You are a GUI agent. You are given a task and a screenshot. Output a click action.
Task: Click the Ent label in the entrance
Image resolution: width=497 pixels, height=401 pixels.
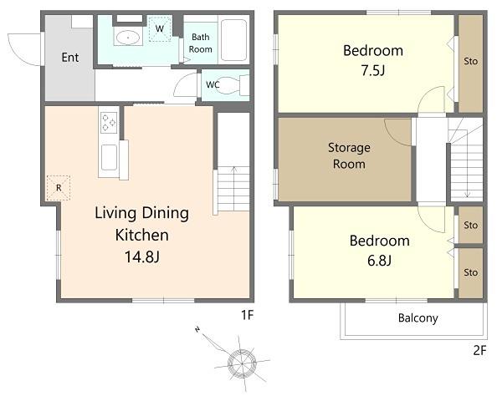point(70,58)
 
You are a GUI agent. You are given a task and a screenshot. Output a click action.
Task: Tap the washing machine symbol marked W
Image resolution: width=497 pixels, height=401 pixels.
point(160,28)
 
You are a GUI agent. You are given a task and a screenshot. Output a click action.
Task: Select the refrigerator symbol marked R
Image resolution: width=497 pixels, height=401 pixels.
point(59,188)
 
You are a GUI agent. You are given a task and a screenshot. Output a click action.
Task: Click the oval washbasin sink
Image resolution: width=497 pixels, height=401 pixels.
point(128,38)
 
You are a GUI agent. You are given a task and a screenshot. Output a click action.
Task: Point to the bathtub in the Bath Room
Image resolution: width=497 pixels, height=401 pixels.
point(233,40)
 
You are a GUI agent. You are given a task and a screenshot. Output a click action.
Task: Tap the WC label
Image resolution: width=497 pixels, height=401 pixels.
point(213,85)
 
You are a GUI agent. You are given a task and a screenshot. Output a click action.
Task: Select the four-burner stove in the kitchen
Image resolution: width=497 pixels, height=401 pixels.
point(109,123)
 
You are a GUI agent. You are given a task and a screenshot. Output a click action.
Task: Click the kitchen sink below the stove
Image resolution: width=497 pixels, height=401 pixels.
point(109,157)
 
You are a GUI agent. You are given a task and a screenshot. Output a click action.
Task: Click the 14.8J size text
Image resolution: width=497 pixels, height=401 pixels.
point(142,256)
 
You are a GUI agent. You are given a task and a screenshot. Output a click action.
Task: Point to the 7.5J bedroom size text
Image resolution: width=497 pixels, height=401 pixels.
point(373,71)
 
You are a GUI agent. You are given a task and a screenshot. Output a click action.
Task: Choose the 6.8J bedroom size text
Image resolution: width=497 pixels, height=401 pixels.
point(379,261)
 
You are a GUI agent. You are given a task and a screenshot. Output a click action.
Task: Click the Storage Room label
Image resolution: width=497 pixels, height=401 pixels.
point(349,155)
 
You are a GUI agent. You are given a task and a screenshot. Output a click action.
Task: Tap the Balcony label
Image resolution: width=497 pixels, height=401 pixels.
point(418,318)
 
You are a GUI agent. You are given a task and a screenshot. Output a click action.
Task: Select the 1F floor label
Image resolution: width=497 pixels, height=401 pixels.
point(247,315)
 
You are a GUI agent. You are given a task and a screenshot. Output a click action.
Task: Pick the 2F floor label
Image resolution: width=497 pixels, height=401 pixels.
point(479,350)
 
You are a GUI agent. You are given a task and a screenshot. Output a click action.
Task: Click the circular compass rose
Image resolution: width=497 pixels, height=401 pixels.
point(242,363)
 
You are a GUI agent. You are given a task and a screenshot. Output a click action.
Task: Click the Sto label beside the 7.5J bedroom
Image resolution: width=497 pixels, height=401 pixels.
point(470,61)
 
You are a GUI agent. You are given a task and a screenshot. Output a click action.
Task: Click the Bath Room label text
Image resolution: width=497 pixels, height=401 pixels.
point(200,43)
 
